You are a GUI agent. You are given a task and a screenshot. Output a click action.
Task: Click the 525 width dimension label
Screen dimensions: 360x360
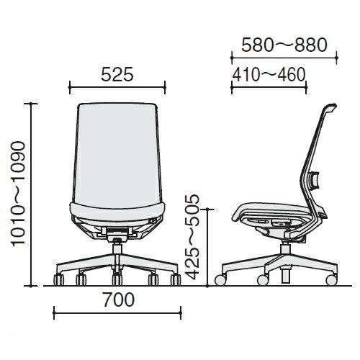117,74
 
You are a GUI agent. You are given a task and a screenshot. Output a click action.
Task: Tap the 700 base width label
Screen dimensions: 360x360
119,300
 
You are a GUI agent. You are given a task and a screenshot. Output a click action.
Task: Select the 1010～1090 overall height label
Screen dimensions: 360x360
18,194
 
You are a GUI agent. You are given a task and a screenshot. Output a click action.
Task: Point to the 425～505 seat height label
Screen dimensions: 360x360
192,237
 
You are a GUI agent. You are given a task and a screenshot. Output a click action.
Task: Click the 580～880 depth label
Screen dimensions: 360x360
284,45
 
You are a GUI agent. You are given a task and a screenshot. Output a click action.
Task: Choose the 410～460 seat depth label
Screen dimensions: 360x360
269,74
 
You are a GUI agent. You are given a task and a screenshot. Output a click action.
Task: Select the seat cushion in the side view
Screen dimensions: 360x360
271,210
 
